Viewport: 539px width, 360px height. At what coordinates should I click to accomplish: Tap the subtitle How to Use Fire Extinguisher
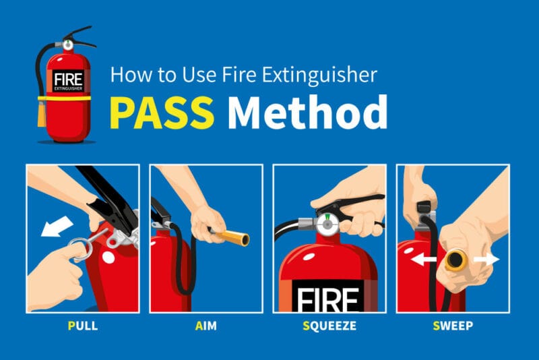243,73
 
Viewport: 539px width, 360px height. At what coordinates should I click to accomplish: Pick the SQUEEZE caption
329,326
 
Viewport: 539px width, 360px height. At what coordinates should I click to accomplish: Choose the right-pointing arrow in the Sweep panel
486,260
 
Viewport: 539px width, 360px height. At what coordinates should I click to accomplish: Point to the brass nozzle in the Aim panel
233,237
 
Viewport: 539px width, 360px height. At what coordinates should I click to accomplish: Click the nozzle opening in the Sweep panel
455,260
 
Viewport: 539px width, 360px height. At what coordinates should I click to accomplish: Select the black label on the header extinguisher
68,82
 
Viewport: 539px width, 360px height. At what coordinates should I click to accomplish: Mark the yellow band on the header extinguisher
67,100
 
